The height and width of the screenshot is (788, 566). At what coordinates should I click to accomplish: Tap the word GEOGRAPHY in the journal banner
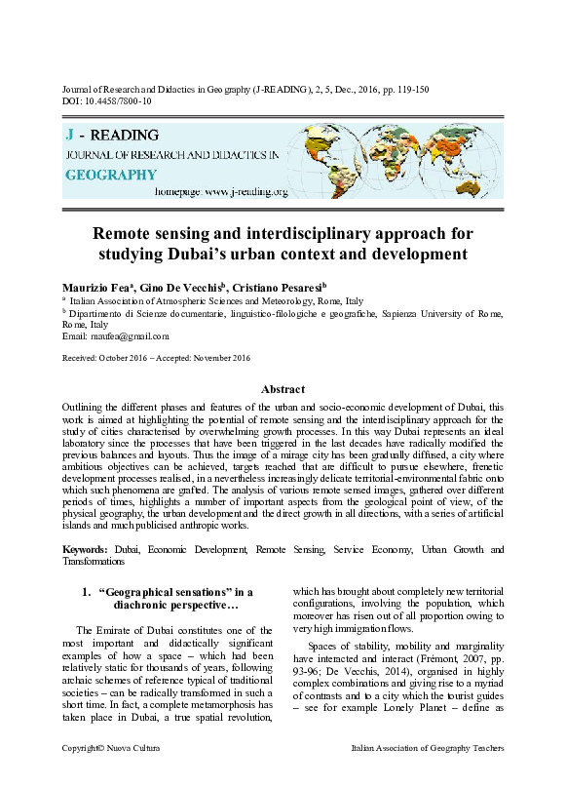110,175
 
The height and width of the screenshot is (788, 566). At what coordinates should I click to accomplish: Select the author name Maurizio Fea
98,288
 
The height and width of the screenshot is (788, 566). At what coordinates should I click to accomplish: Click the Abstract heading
283,389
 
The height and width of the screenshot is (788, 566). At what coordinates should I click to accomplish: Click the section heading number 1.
87,590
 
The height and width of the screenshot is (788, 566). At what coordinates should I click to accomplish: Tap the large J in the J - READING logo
69,136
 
